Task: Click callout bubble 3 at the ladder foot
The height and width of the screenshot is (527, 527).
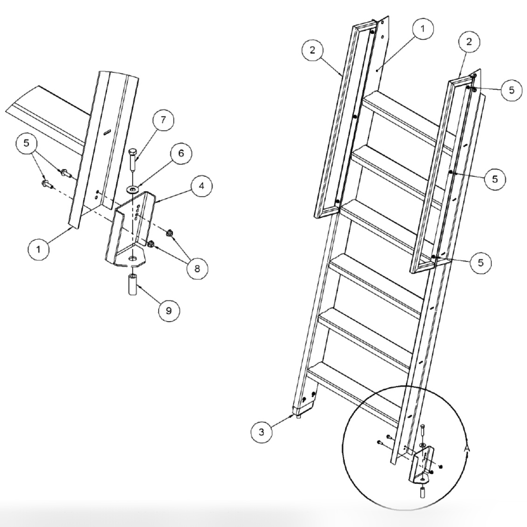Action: tap(262, 432)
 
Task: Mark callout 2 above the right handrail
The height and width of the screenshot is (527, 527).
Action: tap(469, 41)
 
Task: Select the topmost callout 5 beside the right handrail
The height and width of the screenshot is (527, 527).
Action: tap(512, 90)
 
